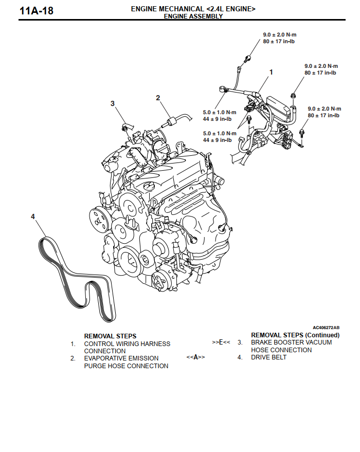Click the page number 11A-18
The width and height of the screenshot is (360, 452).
[x=36, y=10]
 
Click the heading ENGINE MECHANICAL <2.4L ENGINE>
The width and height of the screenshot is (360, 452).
[x=193, y=9]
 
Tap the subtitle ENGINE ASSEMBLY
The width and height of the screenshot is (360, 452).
[x=193, y=16]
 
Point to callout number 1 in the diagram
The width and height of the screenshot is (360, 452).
[x=271, y=72]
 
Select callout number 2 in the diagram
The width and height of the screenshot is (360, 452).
[x=158, y=98]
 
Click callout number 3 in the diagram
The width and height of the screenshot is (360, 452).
[x=112, y=103]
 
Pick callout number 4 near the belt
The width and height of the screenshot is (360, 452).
[x=33, y=216]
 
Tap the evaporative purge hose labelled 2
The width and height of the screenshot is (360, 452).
[x=171, y=121]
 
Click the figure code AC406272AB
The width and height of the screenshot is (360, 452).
[x=326, y=327]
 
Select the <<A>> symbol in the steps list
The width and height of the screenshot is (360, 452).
[x=195, y=357]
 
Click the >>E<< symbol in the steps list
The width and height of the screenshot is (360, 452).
[x=221, y=342]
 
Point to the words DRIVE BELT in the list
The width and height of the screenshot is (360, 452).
[x=268, y=357]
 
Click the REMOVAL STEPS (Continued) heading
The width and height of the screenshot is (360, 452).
[x=295, y=335]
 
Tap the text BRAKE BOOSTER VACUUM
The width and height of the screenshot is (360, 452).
[x=291, y=342]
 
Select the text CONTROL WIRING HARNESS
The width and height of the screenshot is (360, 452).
[x=127, y=343]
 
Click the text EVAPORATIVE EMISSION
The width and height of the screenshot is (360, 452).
[x=121, y=358]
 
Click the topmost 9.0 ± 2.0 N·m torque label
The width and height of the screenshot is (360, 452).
[x=279, y=34]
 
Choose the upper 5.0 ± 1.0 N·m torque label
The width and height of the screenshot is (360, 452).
[x=219, y=112]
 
